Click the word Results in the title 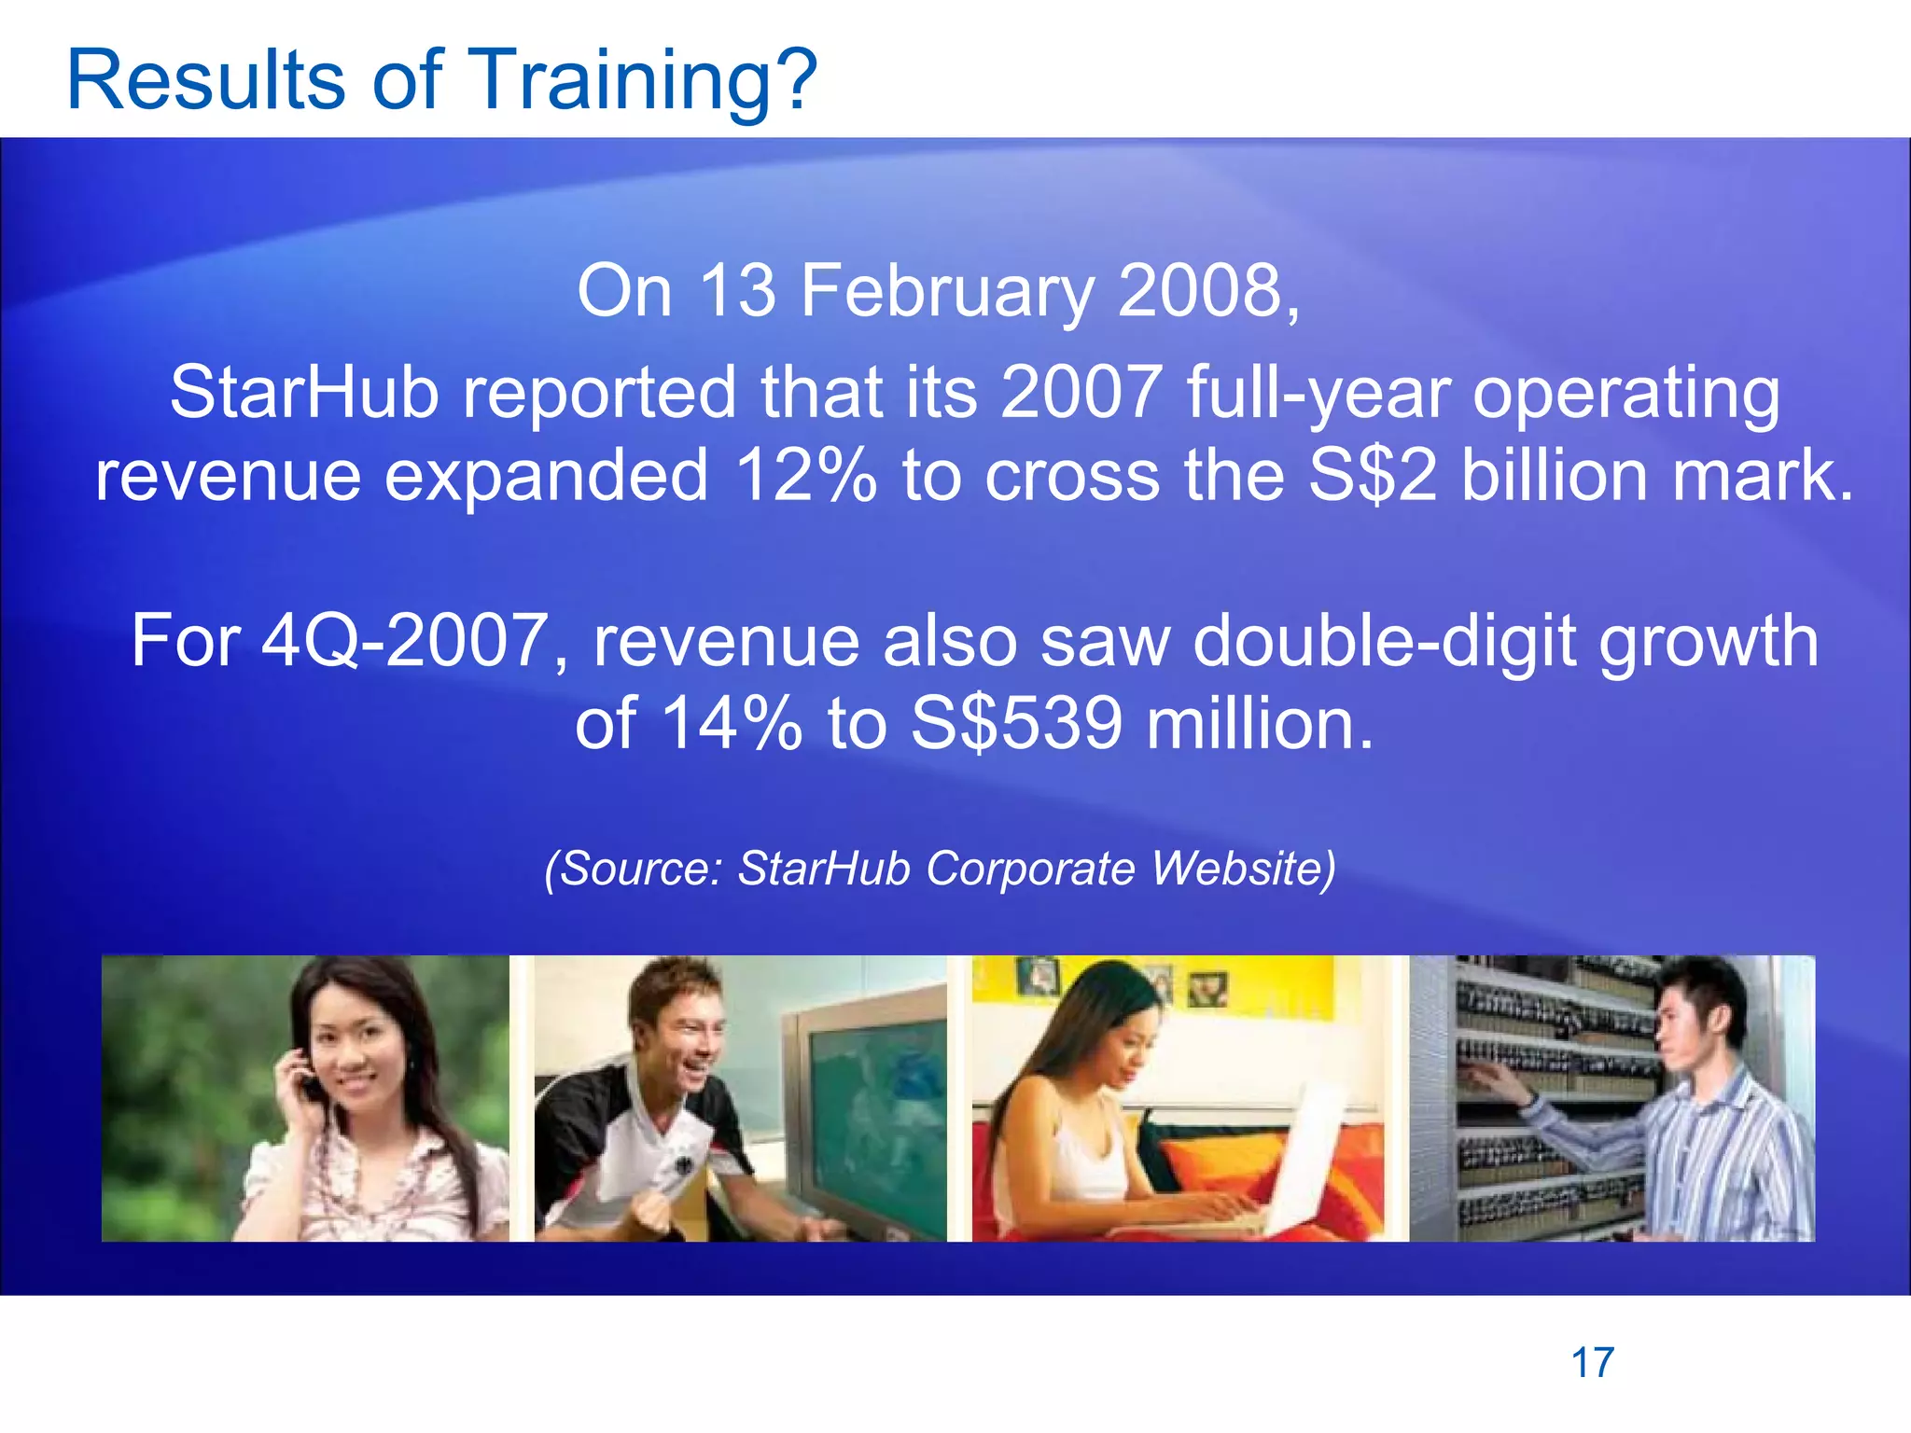click(206, 80)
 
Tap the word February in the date click(946, 291)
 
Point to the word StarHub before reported click(304, 392)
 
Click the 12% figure click(805, 475)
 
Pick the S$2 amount click(1373, 475)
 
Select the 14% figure click(732, 724)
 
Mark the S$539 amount click(1016, 724)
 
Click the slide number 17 click(1593, 1363)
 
